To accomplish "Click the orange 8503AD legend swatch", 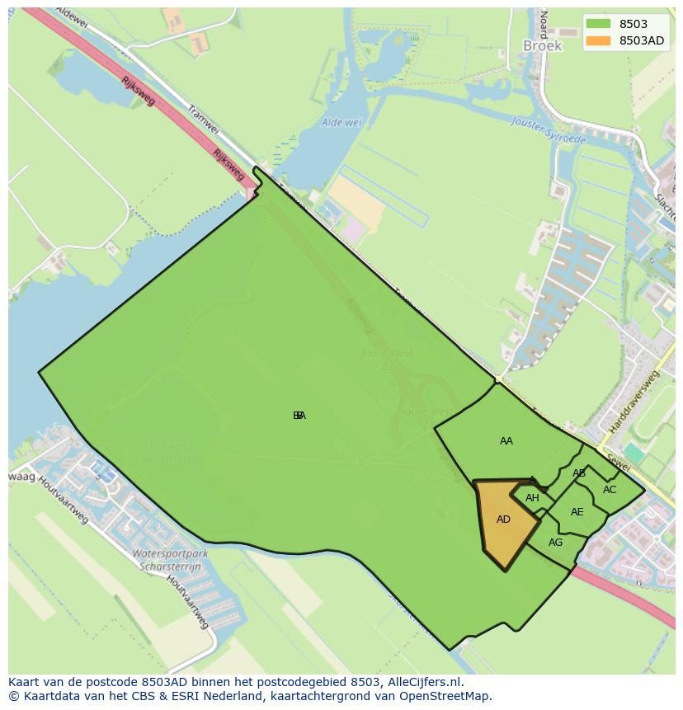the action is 599,40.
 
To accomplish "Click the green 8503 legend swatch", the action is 599,24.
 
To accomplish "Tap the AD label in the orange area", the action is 503,520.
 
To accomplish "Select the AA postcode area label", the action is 506,441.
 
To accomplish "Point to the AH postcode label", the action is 532,498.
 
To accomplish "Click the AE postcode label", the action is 577,512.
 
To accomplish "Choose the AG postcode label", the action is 555,543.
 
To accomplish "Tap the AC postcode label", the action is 610,490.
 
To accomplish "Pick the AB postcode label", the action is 579,473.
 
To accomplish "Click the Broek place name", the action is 542,46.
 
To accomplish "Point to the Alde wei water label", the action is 341,122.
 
